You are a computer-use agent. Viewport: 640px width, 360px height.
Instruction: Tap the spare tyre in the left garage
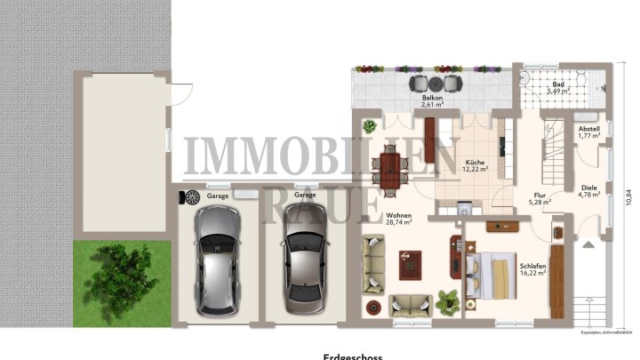pyautogui.click(x=190, y=197)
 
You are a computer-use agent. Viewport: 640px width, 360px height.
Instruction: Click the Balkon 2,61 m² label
pyautogui.click(x=433, y=100)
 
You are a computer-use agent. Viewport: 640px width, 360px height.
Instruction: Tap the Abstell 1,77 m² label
pyautogui.click(x=589, y=132)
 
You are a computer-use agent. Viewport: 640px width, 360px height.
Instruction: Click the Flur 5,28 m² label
pyautogui.click(x=540, y=199)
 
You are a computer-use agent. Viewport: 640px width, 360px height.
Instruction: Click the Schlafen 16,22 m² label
pyautogui.click(x=533, y=270)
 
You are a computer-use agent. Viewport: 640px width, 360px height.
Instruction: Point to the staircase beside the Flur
pyautogui.click(x=554, y=152)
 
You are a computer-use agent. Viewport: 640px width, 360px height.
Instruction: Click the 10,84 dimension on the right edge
pyautogui.click(x=628, y=197)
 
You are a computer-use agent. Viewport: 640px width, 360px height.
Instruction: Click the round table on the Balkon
pyautogui.click(x=435, y=84)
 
